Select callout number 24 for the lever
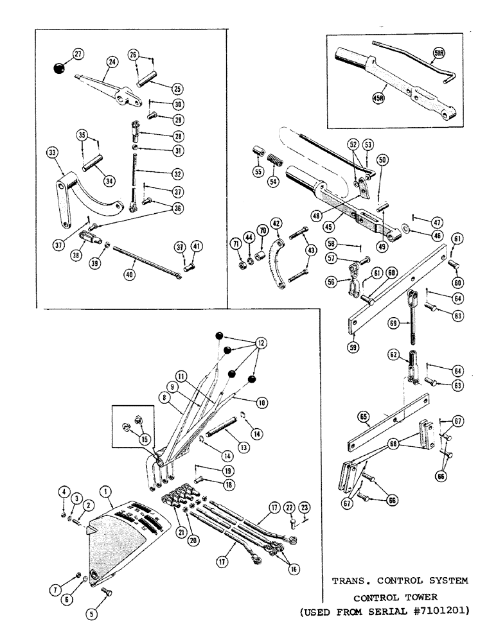112,62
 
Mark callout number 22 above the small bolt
290,508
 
